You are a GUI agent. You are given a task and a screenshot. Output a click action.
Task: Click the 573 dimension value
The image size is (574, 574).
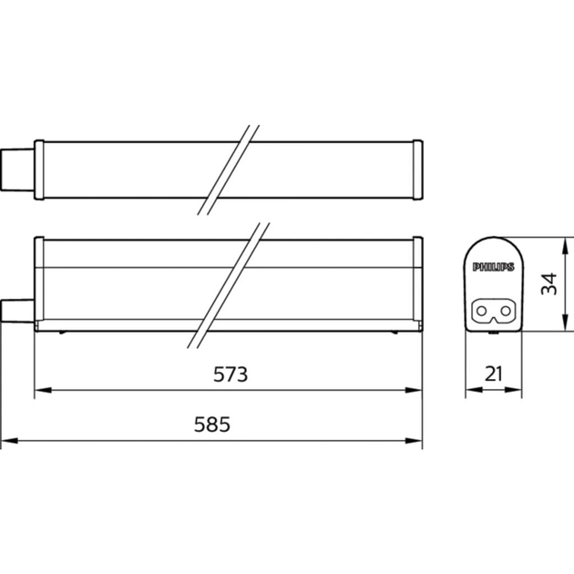[231, 374]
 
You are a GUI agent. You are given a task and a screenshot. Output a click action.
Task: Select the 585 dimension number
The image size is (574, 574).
[213, 425]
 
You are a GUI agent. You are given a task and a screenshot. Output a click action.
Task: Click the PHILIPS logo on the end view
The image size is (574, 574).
[492, 268]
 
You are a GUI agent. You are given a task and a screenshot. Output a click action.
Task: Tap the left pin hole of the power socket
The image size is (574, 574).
[483, 312]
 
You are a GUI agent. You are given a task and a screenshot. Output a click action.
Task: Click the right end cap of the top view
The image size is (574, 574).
[416, 169]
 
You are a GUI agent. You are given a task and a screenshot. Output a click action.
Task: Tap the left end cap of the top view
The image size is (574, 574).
[38, 169]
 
